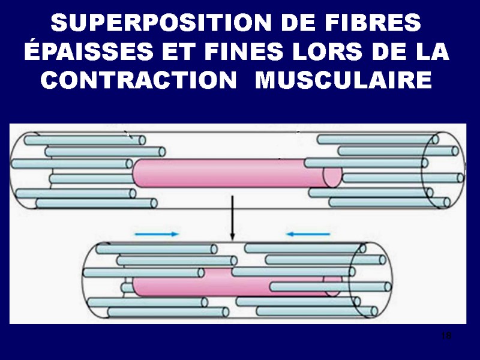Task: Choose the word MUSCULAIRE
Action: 343,79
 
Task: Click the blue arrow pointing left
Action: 308,234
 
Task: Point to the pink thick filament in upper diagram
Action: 228,173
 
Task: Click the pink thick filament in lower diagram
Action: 228,283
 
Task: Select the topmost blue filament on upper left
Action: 84,140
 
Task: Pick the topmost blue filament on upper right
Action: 378,139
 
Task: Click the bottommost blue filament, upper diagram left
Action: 96,203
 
